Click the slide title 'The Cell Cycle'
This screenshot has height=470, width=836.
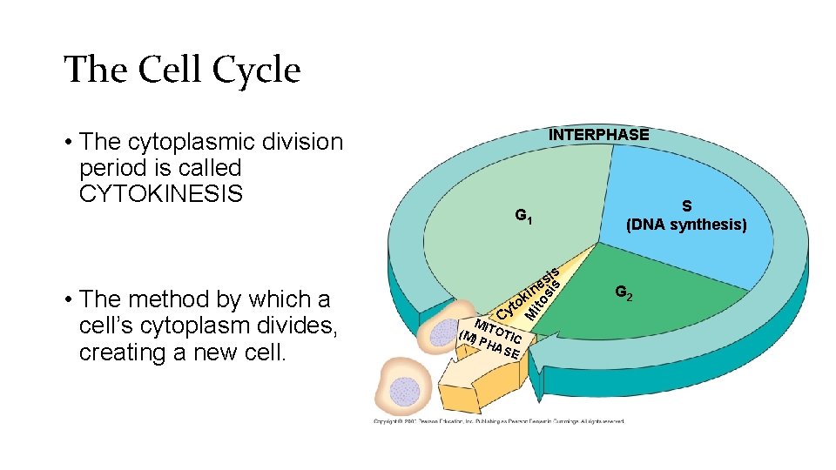(x=182, y=70)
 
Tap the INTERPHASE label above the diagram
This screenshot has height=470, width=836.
(x=597, y=134)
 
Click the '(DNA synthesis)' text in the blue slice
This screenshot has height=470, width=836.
(x=686, y=225)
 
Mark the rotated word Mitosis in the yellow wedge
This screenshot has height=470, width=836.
(x=542, y=296)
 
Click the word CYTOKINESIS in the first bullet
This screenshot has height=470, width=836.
(x=160, y=193)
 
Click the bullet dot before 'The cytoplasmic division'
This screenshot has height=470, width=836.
(x=67, y=142)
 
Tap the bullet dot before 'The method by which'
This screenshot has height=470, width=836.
(x=67, y=300)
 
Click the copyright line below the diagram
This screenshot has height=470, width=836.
(x=498, y=421)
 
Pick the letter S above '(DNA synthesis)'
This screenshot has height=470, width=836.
(x=686, y=206)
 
